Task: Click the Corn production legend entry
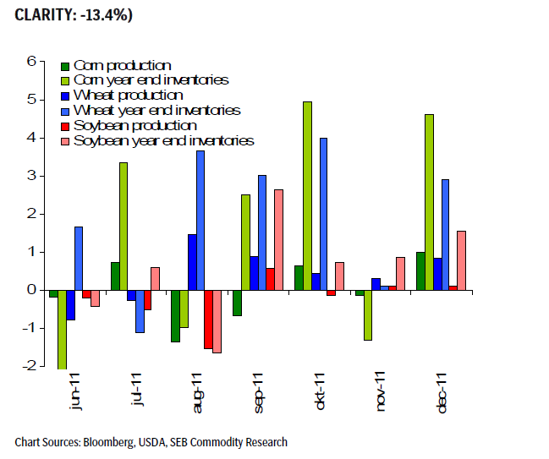click(122, 65)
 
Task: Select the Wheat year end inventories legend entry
click(156, 111)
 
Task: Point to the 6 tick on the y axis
click(31, 61)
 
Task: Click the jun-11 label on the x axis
click(77, 392)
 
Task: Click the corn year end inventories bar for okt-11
click(307, 195)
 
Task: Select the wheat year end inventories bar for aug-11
click(200, 220)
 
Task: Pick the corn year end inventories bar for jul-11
click(124, 226)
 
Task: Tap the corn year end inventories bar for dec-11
click(429, 202)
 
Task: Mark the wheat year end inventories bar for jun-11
click(79, 258)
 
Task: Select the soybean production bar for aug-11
click(208, 319)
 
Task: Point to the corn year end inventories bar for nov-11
click(368, 314)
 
